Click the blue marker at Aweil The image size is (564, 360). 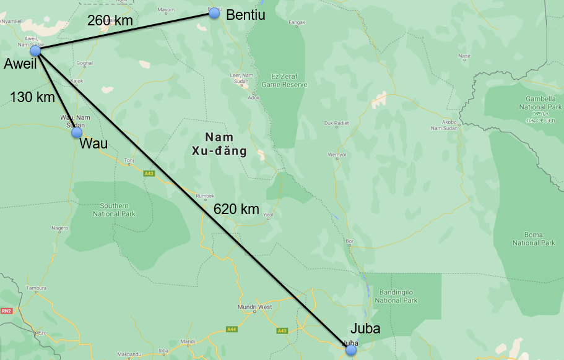(x=35, y=51)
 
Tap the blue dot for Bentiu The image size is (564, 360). (x=214, y=13)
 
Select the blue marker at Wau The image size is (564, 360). (x=77, y=132)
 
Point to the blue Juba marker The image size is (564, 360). (x=351, y=350)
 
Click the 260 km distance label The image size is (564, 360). (x=110, y=20)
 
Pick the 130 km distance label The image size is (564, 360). (x=32, y=96)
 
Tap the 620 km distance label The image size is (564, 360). (x=236, y=209)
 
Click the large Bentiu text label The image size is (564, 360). (x=246, y=15)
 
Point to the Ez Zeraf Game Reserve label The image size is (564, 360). (x=284, y=81)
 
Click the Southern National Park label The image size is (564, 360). (x=114, y=210)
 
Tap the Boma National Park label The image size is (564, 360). (x=534, y=239)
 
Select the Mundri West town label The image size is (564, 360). (x=254, y=307)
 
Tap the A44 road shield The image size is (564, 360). (x=232, y=329)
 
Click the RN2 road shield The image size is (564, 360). (x=7, y=311)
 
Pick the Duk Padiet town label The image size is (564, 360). (x=337, y=123)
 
